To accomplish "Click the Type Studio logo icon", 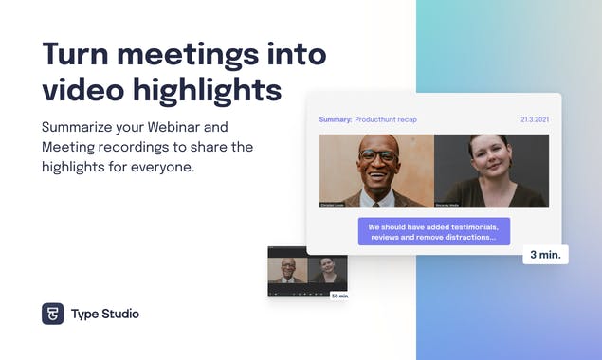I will (x=52, y=314).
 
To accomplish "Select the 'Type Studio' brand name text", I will (x=104, y=314).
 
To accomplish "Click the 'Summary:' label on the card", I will (x=335, y=120).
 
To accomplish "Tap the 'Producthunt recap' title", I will (x=386, y=120).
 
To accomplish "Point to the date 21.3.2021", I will (x=535, y=120).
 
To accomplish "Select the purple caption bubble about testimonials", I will (x=433, y=231).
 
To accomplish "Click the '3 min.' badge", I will (x=545, y=255).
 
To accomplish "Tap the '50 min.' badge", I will (x=338, y=296).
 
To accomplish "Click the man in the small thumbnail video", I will (x=287, y=271).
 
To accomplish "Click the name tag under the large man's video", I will (x=337, y=204).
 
